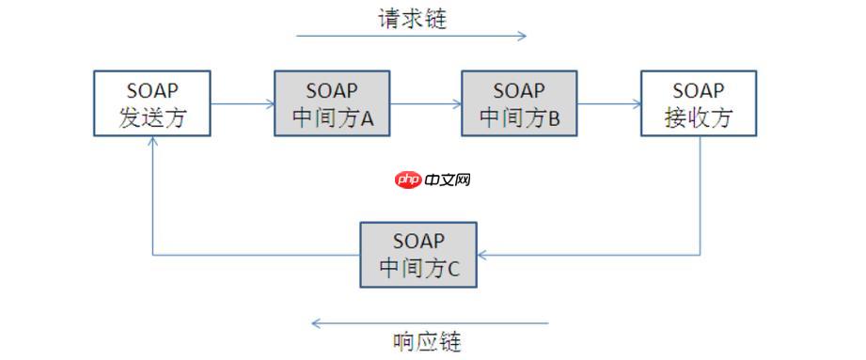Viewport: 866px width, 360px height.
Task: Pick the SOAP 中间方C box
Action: pos(418,255)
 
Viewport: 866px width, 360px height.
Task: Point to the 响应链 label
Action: pos(427,339)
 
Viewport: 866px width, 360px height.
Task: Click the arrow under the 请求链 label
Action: pos(411,37)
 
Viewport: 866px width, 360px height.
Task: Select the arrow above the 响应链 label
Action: pos(430,323)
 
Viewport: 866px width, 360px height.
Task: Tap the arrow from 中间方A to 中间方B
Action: pos(423,104)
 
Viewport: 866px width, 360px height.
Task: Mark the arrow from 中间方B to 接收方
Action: pos(608,104)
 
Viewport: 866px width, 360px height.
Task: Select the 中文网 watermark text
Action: pos(447,179)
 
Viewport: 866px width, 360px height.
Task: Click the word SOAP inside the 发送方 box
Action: pos(152,91)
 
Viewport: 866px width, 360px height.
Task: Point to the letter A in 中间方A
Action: pos(367,119)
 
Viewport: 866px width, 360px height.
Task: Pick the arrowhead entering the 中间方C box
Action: pos(482,255)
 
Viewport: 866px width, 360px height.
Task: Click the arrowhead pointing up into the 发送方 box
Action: pos(152,141)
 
